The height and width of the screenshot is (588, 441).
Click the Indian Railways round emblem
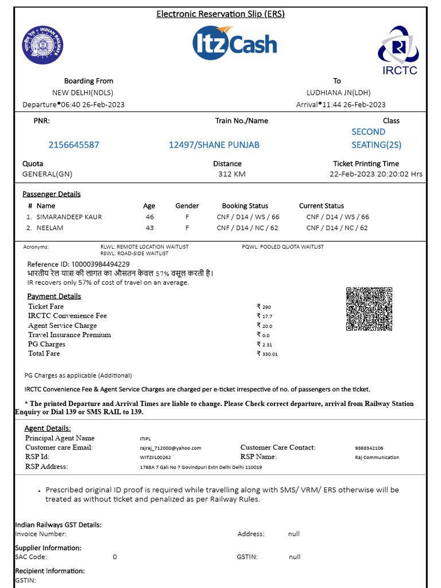pos(43,45)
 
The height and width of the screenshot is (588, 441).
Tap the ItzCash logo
pos(234,44)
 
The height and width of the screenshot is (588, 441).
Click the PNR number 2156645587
pos(74,145)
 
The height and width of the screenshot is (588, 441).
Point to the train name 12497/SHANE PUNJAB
pos(214,145)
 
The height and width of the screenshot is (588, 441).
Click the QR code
pos(369,309)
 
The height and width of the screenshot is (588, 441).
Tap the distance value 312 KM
pos(232,174)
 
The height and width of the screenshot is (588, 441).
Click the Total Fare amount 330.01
pos(269,354)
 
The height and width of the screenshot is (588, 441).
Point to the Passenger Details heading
pos(52,194)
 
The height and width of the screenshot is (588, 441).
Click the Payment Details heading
pos(54,296)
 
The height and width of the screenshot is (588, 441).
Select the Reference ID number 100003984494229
pos(96,264)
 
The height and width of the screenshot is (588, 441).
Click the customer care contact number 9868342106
pos(369,448)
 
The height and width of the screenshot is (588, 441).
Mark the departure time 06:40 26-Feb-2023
pos(92,105)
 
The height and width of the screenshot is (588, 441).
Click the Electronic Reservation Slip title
pos(220,14)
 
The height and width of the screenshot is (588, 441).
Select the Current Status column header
pos(322,206)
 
